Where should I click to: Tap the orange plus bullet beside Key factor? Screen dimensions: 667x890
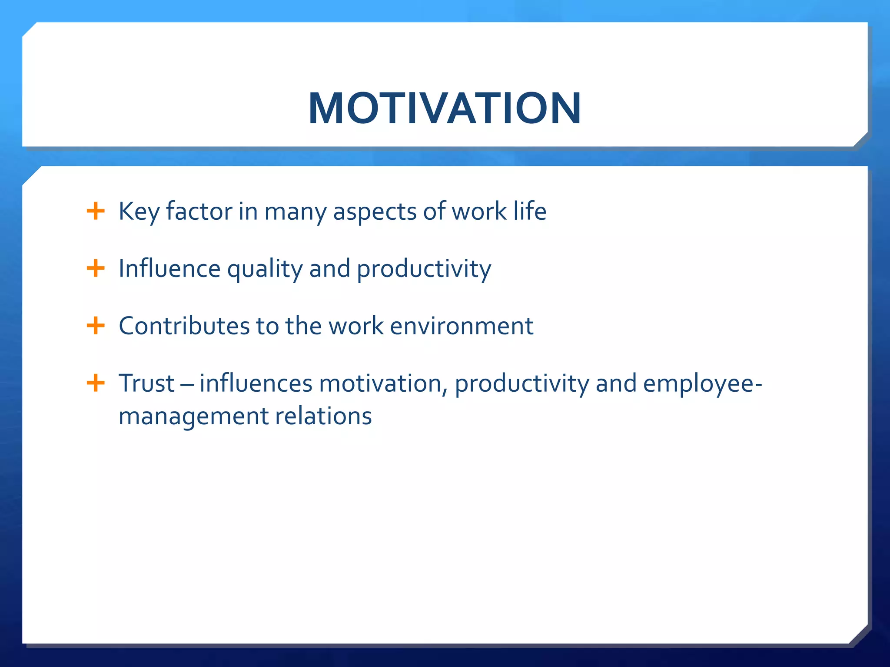click(x=96, y=211)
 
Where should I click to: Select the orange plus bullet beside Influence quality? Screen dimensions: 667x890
click(x=96, y=268)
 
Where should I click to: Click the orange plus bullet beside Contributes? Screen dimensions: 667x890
click(x=96, y=326)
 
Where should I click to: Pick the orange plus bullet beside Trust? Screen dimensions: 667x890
click(x=96, y=383)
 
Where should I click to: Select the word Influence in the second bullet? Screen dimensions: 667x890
click(x=169, y=268)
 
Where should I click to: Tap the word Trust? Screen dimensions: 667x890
click(x=146, y=383)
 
